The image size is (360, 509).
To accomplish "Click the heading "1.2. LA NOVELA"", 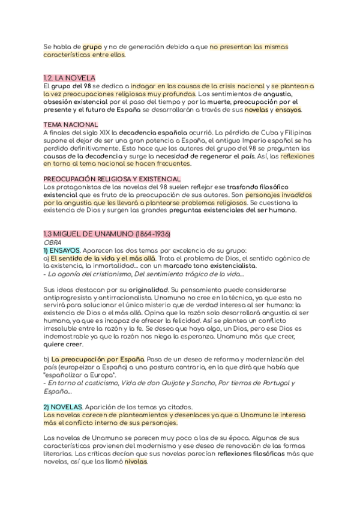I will coord(70,78).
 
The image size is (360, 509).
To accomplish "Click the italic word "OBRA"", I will coord(53,242).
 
